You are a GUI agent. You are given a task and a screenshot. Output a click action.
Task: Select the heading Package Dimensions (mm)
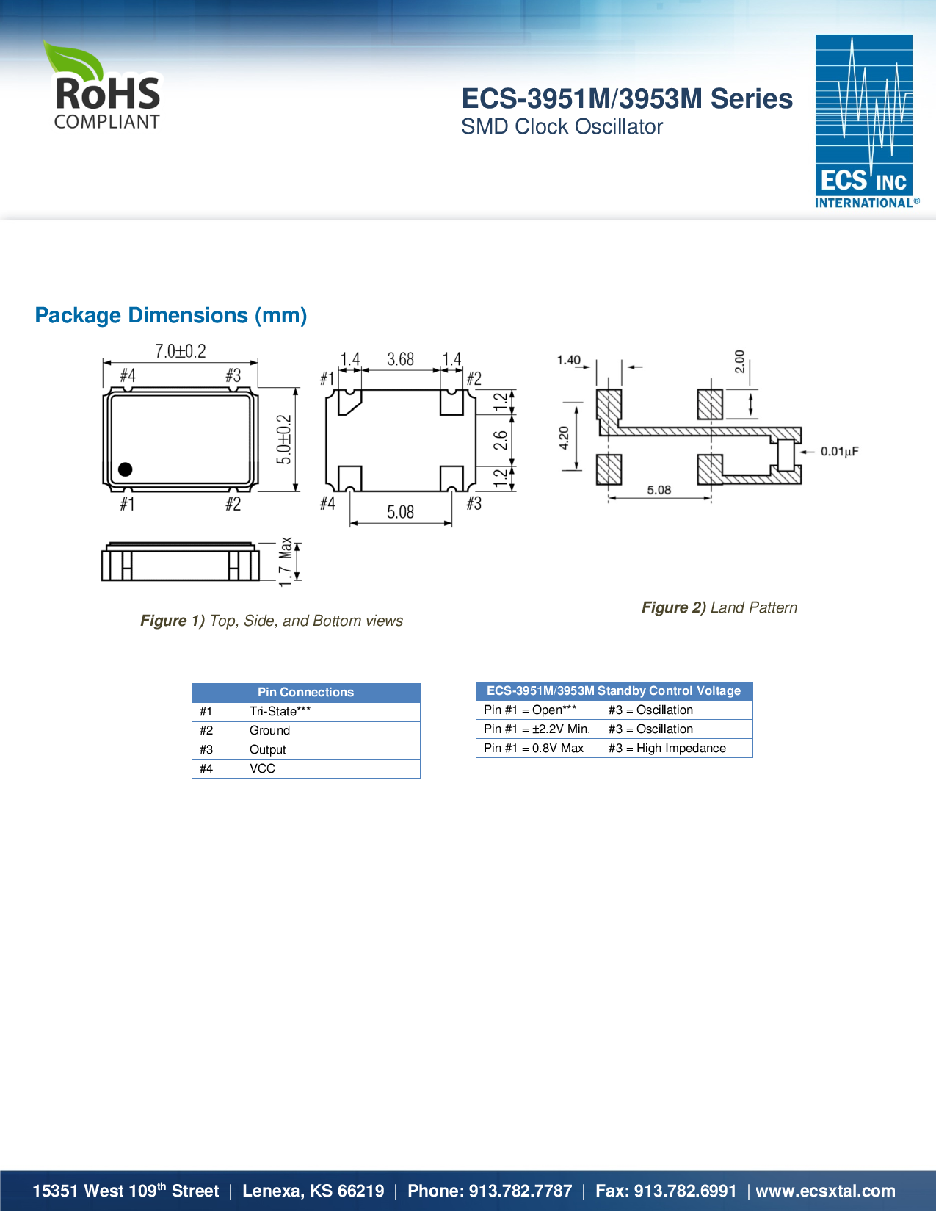[x=171, y=315]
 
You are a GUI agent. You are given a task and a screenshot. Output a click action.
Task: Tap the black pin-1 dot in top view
[x=126, y=469]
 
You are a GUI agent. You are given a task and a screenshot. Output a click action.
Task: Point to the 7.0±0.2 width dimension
[x=180, y=351]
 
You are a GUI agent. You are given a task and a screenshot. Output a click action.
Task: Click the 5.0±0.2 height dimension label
[x=285, y=439]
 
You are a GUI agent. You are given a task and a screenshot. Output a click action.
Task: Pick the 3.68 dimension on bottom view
[x=401, y=359]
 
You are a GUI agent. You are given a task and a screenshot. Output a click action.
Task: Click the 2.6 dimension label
[x=500, y=440]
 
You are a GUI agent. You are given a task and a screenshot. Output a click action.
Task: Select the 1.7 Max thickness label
[x=286, y=561]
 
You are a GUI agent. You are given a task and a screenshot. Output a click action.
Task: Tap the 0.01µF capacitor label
[x=839, y=451]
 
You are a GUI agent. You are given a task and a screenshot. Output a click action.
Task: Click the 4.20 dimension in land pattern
[x=564, y=437]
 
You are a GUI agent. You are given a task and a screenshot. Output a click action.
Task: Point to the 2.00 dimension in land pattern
[x=739, y=361]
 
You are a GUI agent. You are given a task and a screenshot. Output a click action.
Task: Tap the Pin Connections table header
[x=305, y=692]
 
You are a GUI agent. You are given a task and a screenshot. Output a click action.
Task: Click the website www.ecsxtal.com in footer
[x=825, y=1191]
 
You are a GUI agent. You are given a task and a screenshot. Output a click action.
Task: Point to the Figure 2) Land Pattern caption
[x=719, y=607]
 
